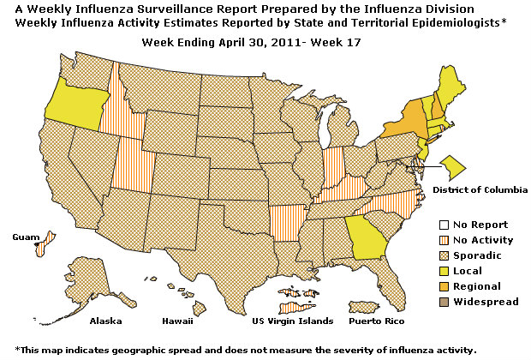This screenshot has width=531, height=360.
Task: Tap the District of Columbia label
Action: [x=480, y=189]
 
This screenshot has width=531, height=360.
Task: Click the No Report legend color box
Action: [x=433, y=225]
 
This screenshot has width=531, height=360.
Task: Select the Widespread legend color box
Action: [x=433, y=302]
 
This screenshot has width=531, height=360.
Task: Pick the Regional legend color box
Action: [x=433, y=286]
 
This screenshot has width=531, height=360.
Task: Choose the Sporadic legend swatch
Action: [x=433, y=255]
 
